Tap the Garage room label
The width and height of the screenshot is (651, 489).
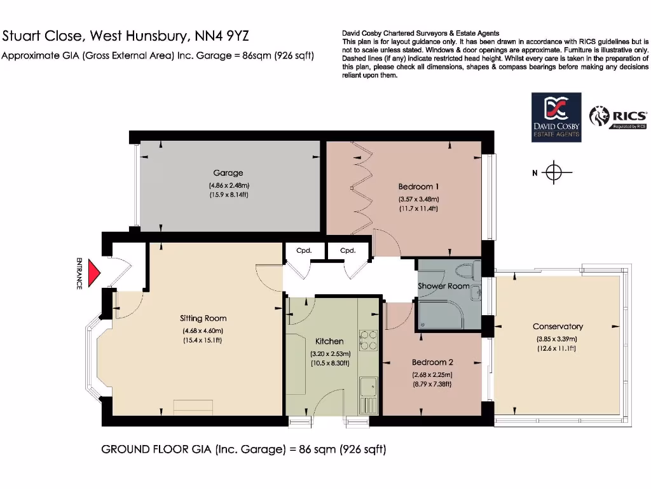click(228, 173)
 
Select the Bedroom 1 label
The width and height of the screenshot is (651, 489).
click(418, 187)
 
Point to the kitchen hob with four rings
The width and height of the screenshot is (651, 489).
click(368, 340)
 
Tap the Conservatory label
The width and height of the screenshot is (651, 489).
click(558, 327)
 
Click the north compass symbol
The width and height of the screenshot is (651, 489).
click(554, 173)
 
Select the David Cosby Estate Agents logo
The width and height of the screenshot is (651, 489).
click(556, 117)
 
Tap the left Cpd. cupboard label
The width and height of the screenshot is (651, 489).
click(304, 251)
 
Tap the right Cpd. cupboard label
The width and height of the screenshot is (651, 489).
click(348, 251)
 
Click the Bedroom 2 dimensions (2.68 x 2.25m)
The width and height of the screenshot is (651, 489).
click(432, 374)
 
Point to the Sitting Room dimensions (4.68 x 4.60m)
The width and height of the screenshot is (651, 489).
click(203, 330)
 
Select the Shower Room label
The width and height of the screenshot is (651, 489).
click(443, 286)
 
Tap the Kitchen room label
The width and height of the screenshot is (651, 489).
click(329, 342)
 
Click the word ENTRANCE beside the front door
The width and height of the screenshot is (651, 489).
click(79, 273)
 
